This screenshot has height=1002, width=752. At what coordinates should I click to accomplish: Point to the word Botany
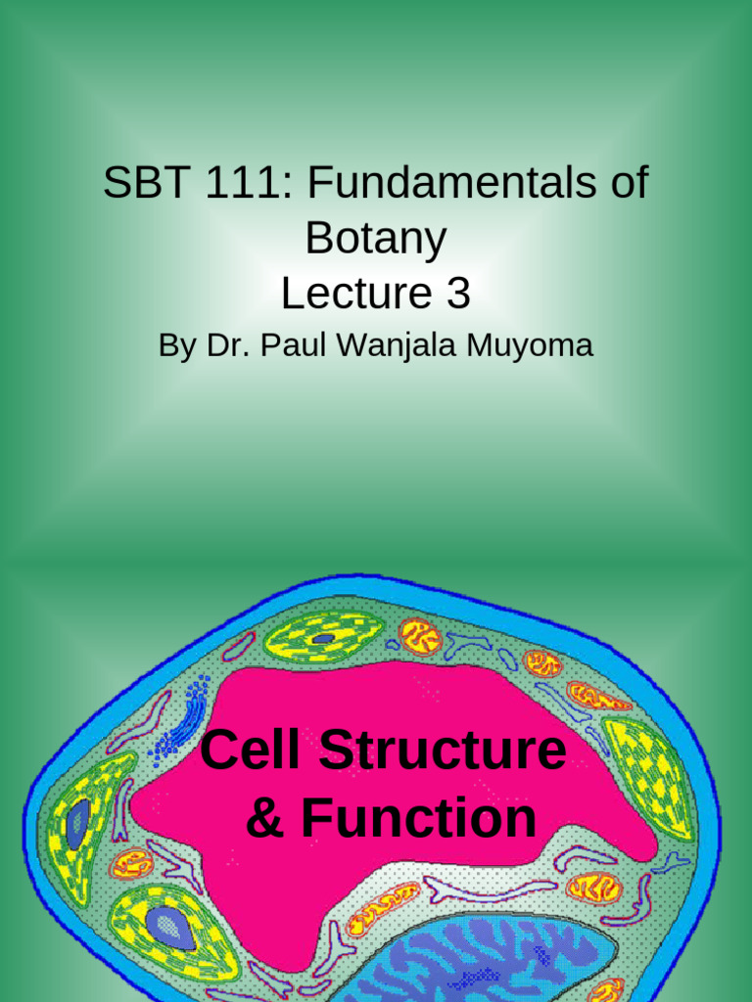click(376, 238)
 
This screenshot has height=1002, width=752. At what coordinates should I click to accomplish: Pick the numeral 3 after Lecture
click(457, 293)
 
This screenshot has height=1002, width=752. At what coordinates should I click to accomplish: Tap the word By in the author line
click(177, 346)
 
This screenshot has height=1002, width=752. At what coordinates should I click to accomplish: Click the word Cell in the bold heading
click(253, 751)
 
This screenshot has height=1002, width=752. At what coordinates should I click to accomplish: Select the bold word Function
click(418, 818)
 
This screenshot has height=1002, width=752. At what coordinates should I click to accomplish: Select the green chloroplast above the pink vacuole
click(322, 637)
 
